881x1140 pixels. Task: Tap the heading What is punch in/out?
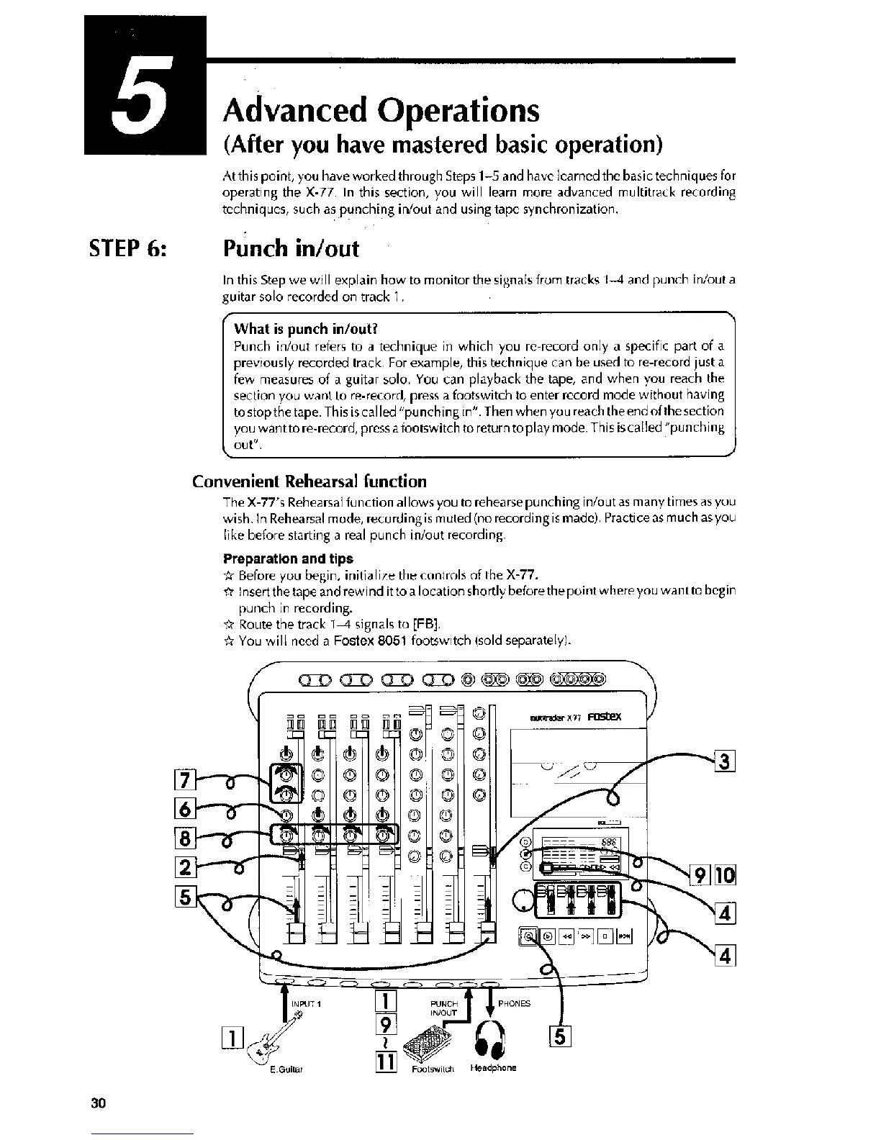pyautogui.click(x=305, y=330)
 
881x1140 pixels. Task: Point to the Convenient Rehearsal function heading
pyautogui.click(x=309, y=481)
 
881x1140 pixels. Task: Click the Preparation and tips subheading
pyautogui.click(x=288, y=558)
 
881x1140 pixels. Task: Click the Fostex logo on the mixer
pyautogui.click(x=603, y=717)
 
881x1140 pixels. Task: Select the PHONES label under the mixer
pyautogui.click(x=513, y=1003)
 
